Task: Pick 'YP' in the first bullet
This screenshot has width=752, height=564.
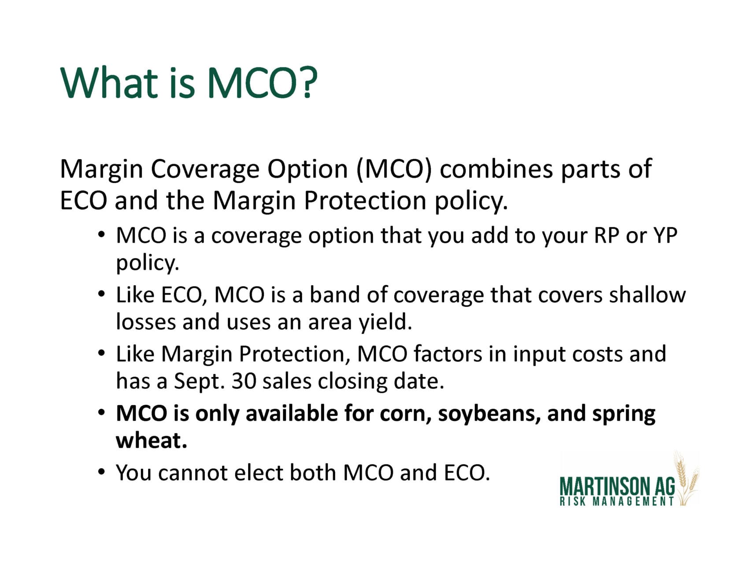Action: (x=665, y=236)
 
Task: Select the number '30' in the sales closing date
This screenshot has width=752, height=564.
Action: (x=244, y=382)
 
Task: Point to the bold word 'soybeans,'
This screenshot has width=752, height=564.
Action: (x=489, y=414)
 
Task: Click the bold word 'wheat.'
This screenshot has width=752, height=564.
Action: (x=152, y=441)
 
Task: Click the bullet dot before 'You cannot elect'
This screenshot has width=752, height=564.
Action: (x=102, y=472)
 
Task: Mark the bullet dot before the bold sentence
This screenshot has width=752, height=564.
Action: (x=102, y=413)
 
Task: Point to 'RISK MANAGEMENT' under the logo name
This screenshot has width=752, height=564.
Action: (x=617, y=501)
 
